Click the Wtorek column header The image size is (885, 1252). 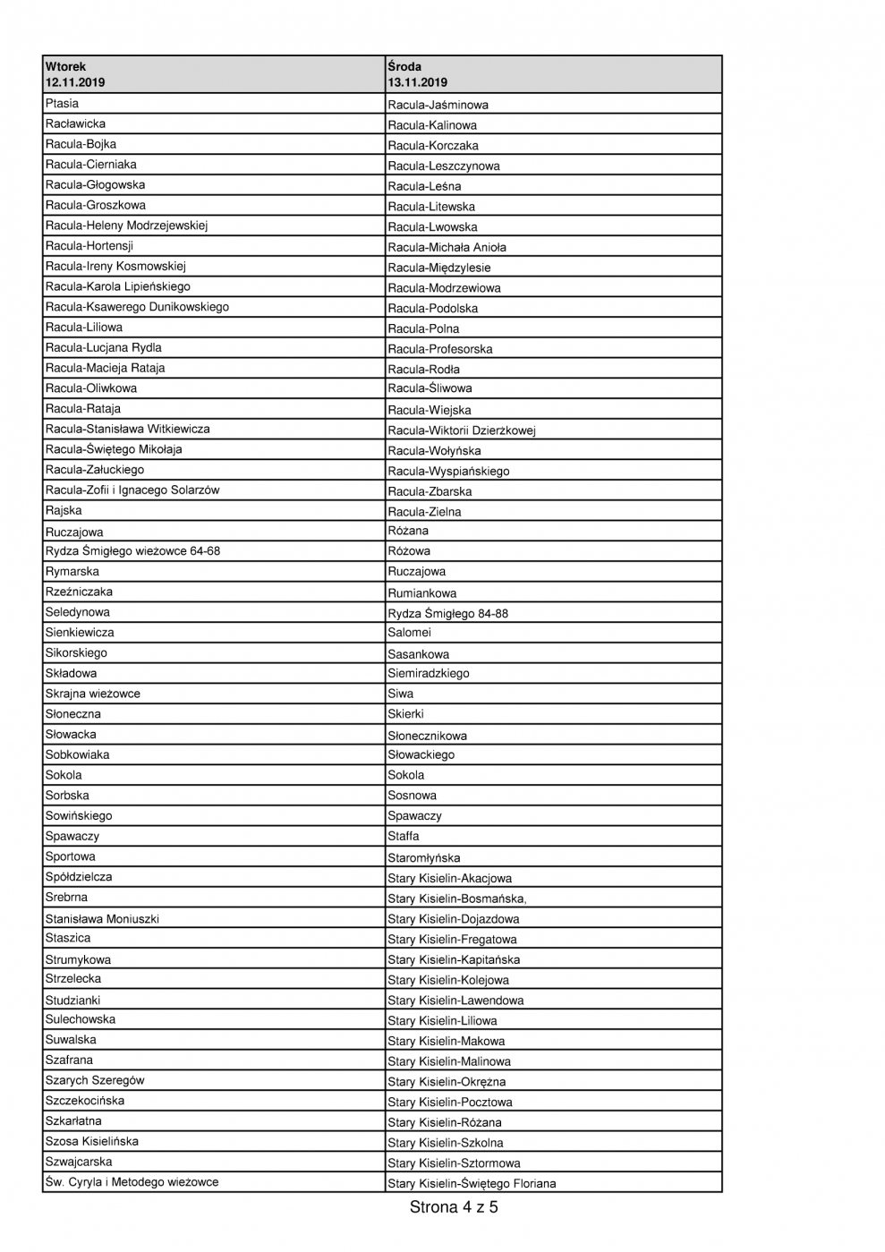click(66, 66)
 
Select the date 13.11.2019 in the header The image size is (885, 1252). click(417, 82)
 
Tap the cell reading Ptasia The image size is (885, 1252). click(63, 104)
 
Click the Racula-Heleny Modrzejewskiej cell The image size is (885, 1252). click(126, 226)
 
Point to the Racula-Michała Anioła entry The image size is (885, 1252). click(447, 247)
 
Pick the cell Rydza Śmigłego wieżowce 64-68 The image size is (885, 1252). click(132, 551)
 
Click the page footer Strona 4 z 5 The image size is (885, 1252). click(454, 1207)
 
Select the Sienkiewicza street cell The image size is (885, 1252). click(80, 633)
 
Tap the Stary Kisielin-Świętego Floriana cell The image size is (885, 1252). click(472, 1183)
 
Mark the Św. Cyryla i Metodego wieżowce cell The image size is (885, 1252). click(132, 1182)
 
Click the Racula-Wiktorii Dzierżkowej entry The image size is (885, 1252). click(461, 430)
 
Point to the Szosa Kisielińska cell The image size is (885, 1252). click(92, 1142)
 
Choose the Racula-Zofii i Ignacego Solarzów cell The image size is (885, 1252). click(132, 490)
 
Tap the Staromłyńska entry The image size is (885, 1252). click(423, 857)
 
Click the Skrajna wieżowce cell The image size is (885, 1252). click(93, 694)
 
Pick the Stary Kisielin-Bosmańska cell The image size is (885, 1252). click(456, 899)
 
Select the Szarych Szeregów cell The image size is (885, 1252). click(95, 1080)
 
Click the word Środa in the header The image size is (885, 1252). click(404, 66)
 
